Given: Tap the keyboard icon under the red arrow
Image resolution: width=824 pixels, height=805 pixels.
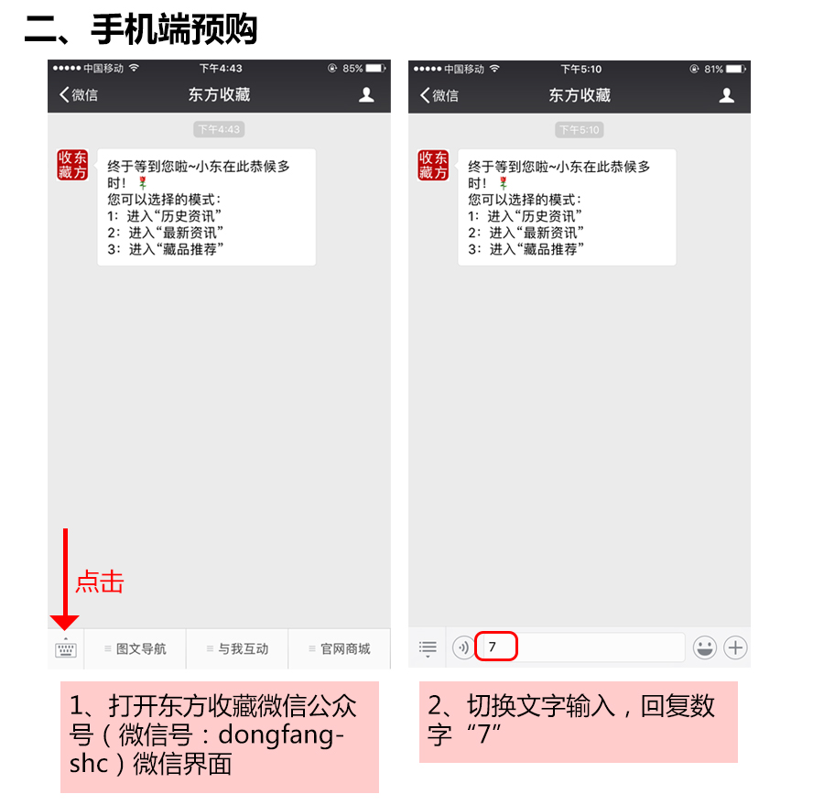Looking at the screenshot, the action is click(66, 648).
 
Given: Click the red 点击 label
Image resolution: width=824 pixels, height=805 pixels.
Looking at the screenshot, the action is click(99, 582).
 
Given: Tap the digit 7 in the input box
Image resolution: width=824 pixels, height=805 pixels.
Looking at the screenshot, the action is click(492, 647).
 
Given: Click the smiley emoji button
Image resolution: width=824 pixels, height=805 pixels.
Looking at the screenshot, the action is click(704, 647).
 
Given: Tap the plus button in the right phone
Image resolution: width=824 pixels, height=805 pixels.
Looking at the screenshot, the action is click(735, 647).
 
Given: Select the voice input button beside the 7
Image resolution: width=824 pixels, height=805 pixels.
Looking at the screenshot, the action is click(463, 647).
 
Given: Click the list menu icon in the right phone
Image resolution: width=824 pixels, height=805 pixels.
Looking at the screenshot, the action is click(428, 648).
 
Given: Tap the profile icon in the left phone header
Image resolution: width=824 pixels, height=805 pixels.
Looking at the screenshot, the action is click(366, 94).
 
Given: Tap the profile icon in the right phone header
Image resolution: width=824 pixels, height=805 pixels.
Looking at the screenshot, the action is click(727, 95).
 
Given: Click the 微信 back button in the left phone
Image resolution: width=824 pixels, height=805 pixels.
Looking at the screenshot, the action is click(79, 94).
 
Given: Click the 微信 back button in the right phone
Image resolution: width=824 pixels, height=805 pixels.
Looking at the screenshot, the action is click(439, 95).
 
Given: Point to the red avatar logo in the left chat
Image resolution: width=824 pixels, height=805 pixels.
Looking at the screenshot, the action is click(72, 165).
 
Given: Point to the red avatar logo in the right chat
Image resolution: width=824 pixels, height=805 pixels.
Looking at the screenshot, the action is click(433, 165).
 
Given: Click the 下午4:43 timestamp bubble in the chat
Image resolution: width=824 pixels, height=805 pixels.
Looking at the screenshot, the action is click(219, 129).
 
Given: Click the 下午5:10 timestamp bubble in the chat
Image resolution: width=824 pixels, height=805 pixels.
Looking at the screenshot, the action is click(580, 130).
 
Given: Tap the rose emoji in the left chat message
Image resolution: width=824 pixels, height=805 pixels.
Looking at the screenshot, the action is click(142, 183).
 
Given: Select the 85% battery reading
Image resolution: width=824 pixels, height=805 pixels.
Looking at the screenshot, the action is click(352, 69).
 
